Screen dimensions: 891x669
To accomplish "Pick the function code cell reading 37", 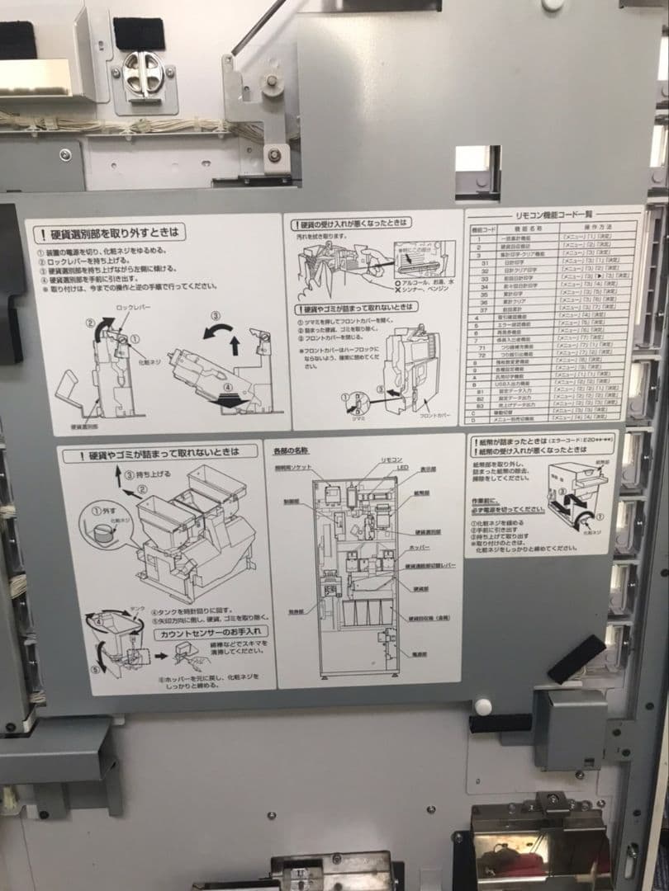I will click(x=479, y=309).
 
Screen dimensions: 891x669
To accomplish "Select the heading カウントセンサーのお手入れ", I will click(x=205, y=634).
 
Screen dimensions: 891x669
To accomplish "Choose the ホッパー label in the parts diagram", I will click(x=419, y=547).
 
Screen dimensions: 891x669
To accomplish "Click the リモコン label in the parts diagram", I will click(x=391, y=458).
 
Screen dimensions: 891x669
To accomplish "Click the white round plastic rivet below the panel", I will click(x=483, y=706).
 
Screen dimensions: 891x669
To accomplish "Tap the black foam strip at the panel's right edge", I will click(x=575, y=658).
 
